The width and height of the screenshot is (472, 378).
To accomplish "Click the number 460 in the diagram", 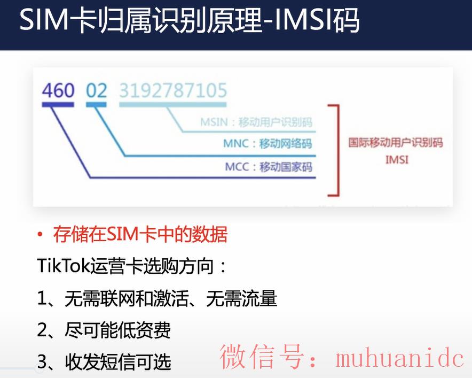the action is (58, 90).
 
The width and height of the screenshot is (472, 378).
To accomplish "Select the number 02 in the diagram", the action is (96, 90).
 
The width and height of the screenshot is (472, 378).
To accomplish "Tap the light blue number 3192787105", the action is (173, 90).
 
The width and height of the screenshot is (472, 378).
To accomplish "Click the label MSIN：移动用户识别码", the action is (256, 122).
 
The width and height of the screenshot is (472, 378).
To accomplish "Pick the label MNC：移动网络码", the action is (268, 143).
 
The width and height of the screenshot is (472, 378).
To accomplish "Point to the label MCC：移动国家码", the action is (269, 166).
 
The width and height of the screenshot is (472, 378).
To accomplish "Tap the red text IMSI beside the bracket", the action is (397, 159).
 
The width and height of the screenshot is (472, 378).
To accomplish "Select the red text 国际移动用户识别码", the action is (396, 142).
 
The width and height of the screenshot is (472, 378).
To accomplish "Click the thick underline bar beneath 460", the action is (58, 105).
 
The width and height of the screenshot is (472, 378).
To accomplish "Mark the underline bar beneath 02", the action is (96, 105).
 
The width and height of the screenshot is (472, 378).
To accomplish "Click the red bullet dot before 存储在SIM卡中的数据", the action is (40, 235).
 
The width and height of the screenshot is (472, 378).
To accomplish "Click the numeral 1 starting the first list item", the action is (42, 298).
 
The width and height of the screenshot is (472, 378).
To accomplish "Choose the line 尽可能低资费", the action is (117, 330).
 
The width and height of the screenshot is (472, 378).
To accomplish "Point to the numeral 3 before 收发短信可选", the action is (42, 362).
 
